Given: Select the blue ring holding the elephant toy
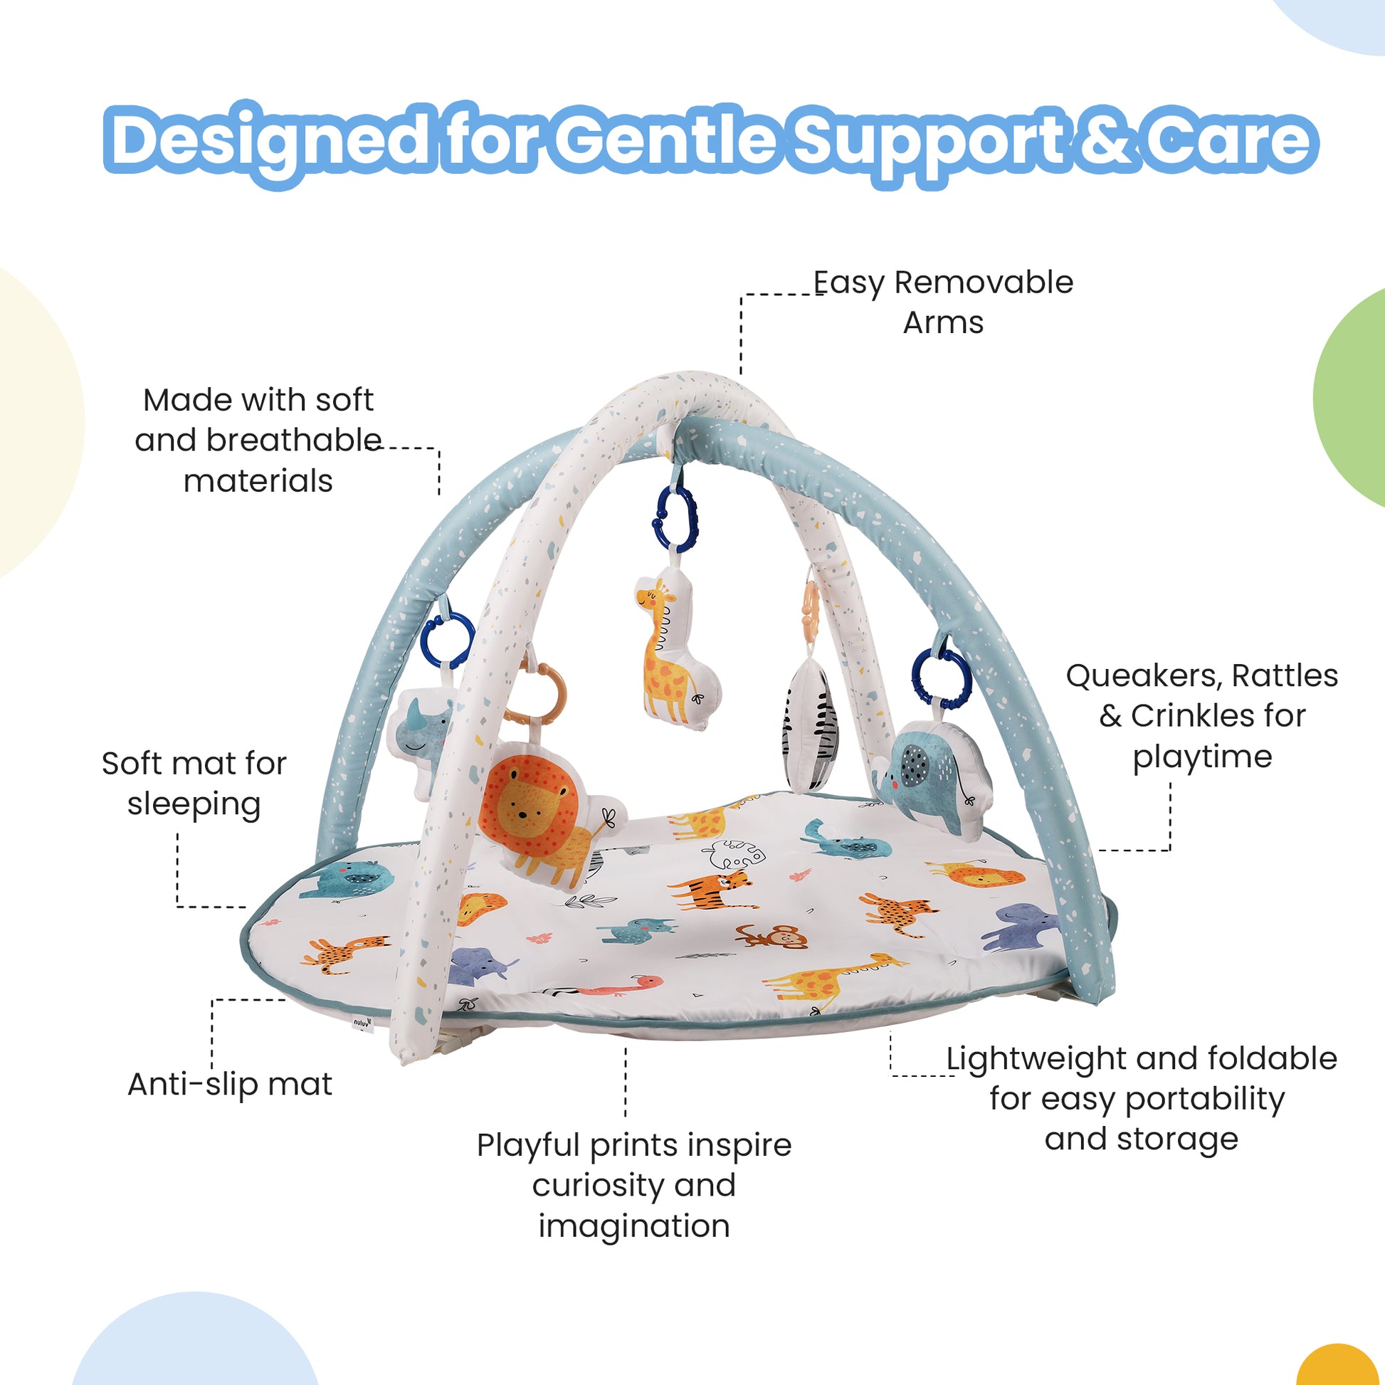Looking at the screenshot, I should click(941, 678).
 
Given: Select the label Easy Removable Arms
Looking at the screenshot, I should click(943, 302).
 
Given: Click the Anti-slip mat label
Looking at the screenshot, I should click(229, 1084).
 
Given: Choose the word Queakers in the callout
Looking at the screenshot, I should click(1144, 675).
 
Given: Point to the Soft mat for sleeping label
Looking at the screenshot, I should click(194, 783).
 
